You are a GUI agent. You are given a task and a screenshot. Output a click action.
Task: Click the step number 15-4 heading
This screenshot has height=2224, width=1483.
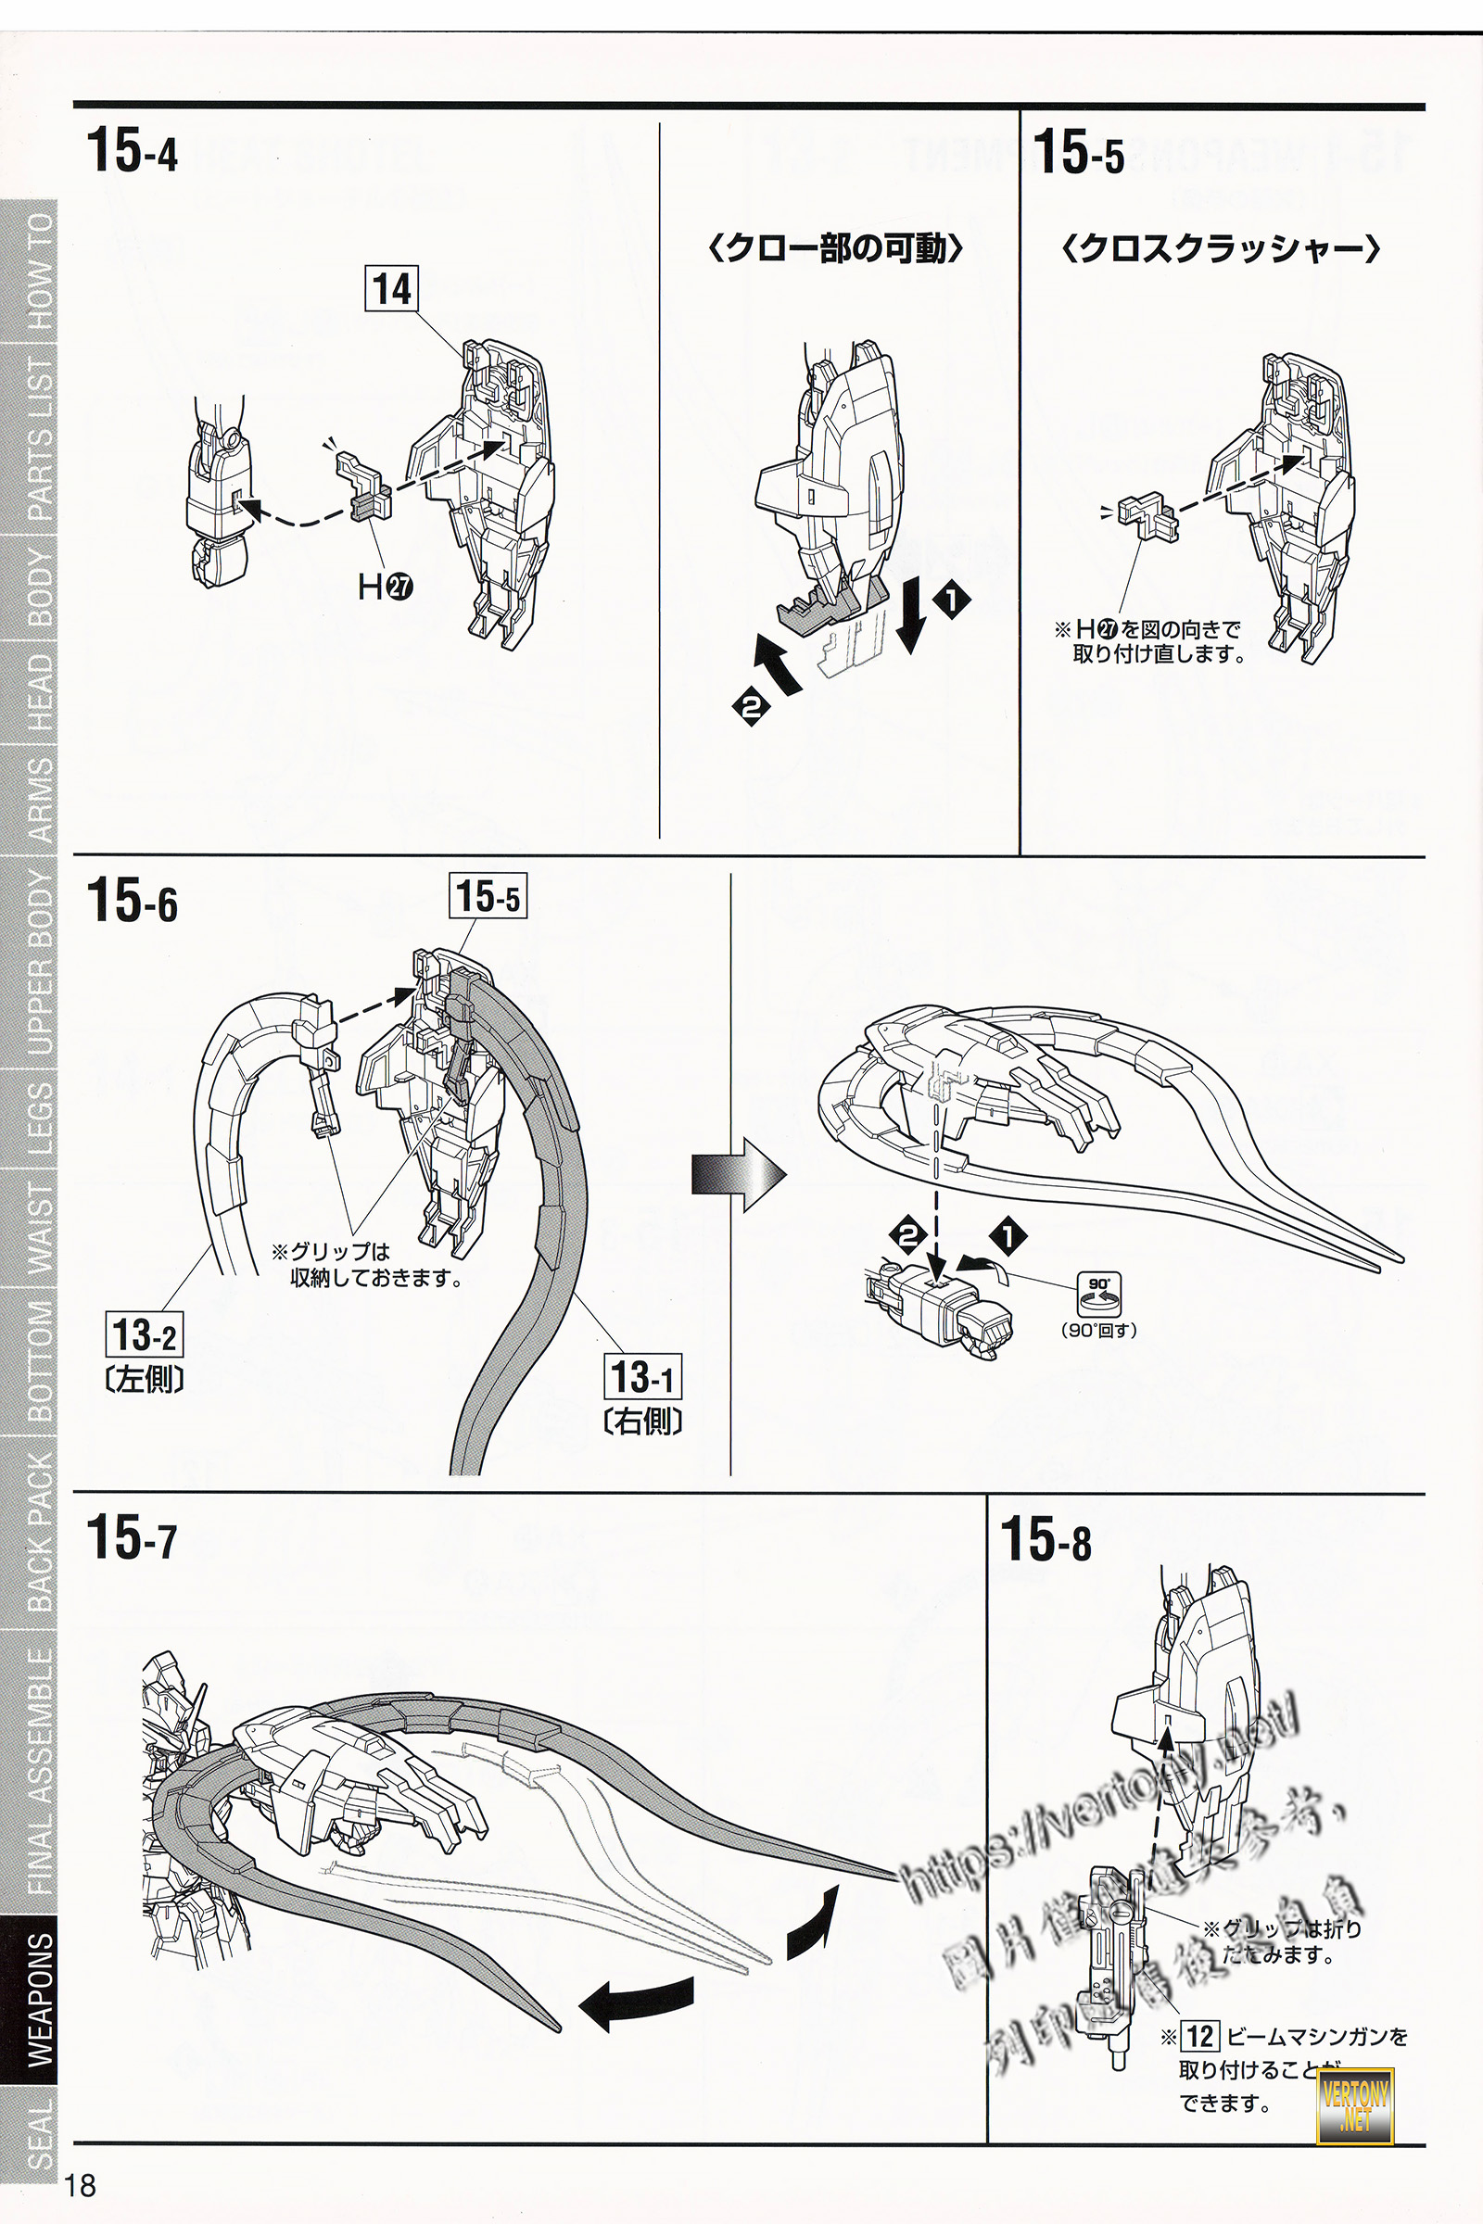pos(132,151)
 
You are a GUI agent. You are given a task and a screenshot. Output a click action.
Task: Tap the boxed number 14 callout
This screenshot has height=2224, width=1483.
pos(391,288)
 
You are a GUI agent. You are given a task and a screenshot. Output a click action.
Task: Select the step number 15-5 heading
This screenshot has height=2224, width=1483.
pos(1078,152)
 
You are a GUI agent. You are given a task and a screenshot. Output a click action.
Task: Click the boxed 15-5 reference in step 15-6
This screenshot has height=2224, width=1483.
pos(488,895)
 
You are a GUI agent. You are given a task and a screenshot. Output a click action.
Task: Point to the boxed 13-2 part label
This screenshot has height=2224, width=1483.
pos(144,1335)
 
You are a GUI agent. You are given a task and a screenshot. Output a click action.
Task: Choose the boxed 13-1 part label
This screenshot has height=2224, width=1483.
pos(642,1377)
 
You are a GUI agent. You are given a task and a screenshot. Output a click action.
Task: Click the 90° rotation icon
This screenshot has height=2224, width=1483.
pos(1098,1293)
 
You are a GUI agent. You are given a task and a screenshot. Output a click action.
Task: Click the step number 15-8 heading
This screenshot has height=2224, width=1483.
pos(1046,1538)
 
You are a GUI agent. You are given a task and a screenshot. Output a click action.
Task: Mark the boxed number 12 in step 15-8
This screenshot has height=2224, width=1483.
pos(1199,2036)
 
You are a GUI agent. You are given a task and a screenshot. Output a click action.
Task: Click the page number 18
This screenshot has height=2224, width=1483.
pos(81,2185)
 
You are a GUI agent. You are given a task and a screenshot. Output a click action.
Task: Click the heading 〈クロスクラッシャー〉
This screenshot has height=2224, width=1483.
pos(1221,248)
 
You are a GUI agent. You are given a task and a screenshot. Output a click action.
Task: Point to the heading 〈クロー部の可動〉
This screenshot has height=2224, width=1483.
pos(835,248)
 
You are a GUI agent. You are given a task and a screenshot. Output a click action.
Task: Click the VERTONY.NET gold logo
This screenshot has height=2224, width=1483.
pos(1355,2104)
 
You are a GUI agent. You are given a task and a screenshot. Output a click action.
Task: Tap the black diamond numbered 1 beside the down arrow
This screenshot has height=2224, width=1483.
pos(951,599)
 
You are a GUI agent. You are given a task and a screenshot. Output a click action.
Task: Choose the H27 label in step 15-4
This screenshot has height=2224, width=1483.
pos(385,588)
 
